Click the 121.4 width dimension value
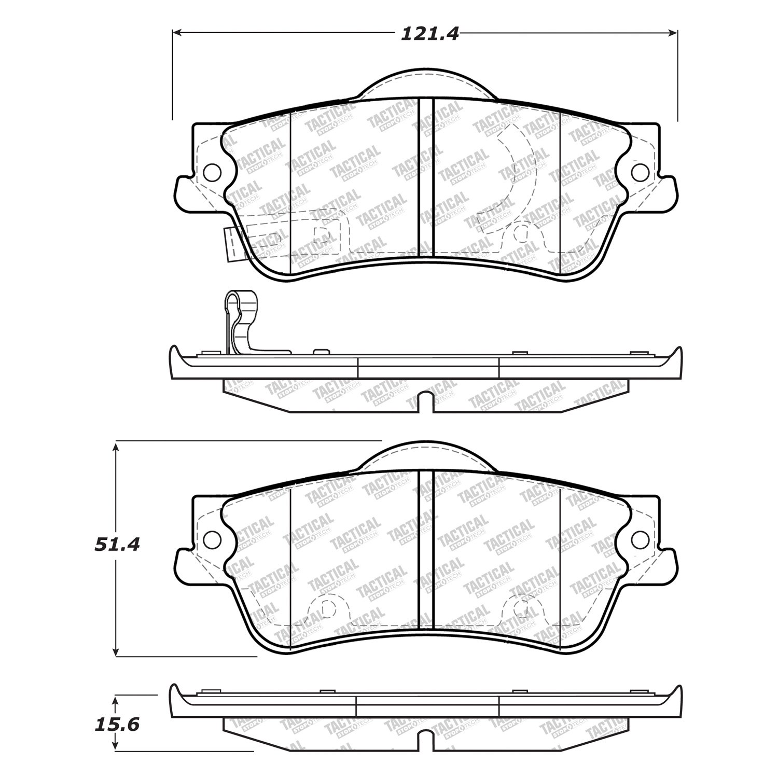click(x=429, y=34)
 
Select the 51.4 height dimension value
click(x=117, y=544)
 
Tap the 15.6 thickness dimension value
click(x=117, y=724)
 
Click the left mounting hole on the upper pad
click(x=212, y=171)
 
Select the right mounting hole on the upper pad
click(x=640, y=172)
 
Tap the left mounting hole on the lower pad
click(x=212, y=539)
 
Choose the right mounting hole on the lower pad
click(x=640, y=539)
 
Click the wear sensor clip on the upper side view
click(x=241, y=322)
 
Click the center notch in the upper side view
click(x=425, y=402)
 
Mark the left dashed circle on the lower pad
click(x=325, y=608)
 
